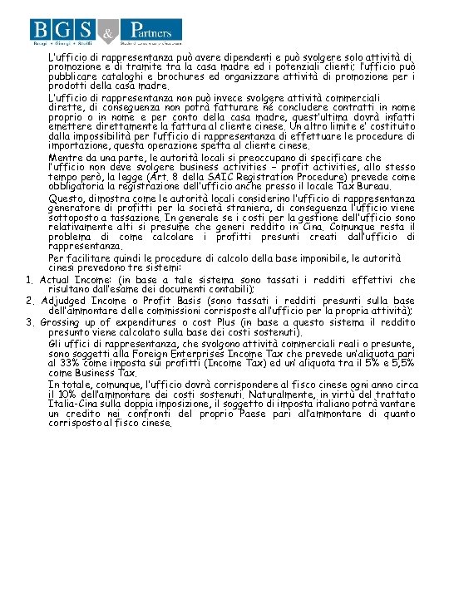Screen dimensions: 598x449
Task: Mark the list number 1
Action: coord(30,281)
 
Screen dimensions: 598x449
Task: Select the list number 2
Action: coord(30,300)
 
